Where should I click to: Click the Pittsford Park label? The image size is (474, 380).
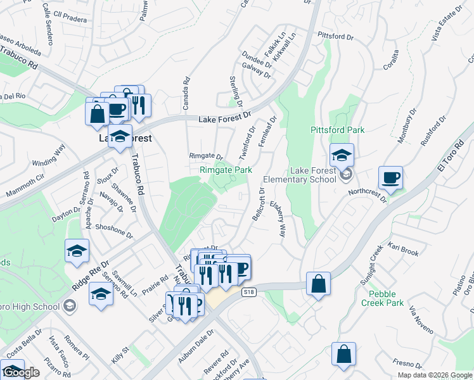click(337, 130)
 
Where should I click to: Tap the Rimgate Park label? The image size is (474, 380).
click(226, 170)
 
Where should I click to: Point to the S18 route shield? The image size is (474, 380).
click(249, 291)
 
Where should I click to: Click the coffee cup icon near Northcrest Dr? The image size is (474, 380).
click(390, 178)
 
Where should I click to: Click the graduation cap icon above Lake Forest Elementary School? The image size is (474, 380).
click(341, 155)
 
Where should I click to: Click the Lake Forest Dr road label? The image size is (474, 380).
click(225, 118)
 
